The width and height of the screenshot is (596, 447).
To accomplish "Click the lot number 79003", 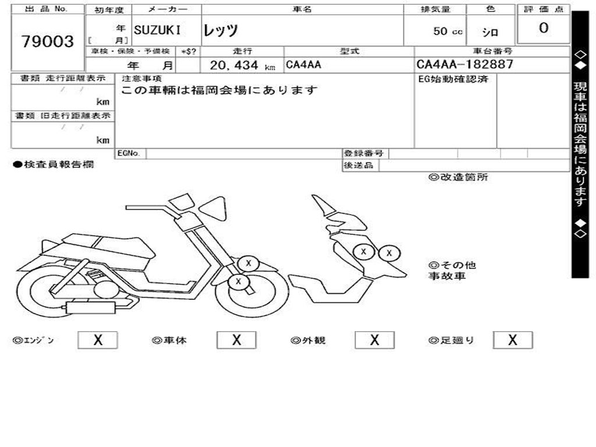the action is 48,42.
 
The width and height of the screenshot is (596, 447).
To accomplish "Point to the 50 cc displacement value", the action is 448,31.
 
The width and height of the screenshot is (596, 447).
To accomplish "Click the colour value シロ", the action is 489,32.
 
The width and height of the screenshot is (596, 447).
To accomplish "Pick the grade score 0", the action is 544,28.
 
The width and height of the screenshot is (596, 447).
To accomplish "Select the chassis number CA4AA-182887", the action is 465,65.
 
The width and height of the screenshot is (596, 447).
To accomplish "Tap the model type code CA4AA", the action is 303,65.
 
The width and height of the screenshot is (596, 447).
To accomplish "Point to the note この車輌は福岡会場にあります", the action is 219,90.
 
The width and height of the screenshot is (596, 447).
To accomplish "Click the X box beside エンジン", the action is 98,340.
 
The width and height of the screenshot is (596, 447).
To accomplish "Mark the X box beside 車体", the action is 236,340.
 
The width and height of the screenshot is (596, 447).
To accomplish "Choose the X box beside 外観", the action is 375,340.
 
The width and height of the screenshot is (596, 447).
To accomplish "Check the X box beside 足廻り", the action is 513,340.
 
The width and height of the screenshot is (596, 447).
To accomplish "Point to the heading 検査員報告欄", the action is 54,165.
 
